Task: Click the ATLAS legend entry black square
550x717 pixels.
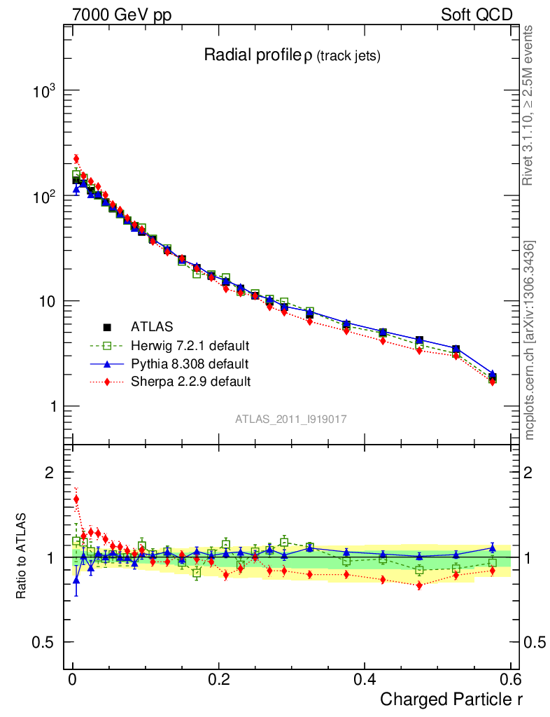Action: [x=107, y=326]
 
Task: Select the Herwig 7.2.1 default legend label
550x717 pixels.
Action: [x=190, y=345]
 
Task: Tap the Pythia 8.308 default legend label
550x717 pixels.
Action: [x=189, y=363]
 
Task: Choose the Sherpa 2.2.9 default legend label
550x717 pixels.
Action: [x=190, y=382]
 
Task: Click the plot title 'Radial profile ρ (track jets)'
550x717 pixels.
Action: [x=292, y=55]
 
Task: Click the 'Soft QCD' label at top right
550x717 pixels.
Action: [x=477, y=15]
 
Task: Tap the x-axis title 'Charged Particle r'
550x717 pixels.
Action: [x=451, y=699]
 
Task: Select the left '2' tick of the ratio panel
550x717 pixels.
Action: [x=49, y=473]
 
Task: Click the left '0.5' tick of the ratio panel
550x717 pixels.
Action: [x=43, y=642]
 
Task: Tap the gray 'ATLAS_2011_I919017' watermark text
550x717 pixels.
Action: [x=291, y=419]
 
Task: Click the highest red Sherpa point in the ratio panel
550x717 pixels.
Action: [x=76, y=499]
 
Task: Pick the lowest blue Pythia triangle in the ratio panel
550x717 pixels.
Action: [x=76, y=580]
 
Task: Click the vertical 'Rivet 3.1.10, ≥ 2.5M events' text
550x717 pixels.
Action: [x=529, y=105]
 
